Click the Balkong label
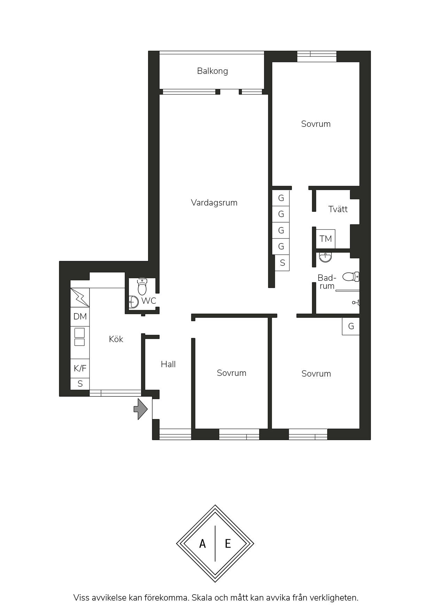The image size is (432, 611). coord(213,71)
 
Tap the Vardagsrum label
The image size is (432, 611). coord(214,203)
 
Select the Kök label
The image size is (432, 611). coord(116,339)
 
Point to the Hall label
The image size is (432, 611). coord(168,364)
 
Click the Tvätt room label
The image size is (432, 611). coord(338,209)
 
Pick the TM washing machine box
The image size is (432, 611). coord(326,239)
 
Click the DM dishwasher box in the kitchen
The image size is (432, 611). coord(80,317)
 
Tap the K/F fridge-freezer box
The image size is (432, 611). coord(80,368)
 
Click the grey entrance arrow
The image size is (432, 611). coord(141,409)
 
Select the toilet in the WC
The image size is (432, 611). coord(142,287)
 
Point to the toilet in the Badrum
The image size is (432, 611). coord(351,277)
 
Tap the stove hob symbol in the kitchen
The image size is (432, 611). coord(80,337)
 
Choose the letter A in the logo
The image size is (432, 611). coord(202,543)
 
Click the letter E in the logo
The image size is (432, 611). coord(228,543)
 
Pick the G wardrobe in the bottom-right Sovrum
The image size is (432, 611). coord(351,326)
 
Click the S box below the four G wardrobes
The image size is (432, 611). coord(282,263)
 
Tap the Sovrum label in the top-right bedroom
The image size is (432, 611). coord(316,124)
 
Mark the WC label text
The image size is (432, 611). coord(149,301)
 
